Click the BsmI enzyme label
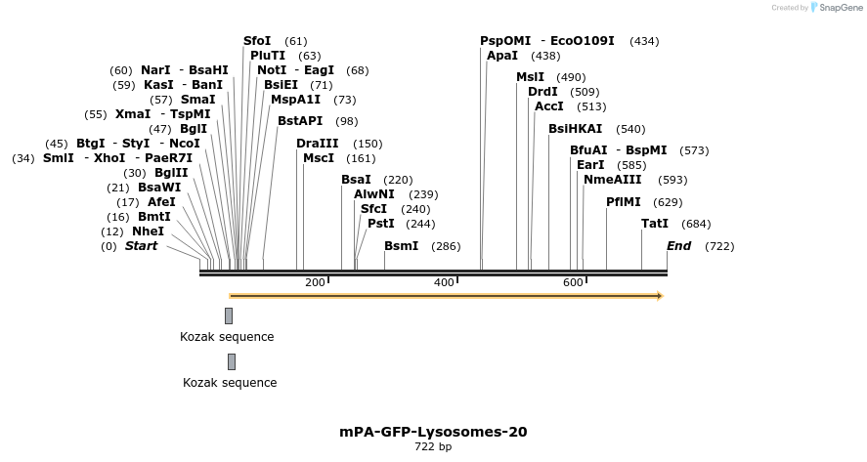coord(401,246)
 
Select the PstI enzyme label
coord(380,224)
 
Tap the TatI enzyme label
coord(654,224)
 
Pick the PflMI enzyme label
coord(623,202)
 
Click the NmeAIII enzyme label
coord(613,180)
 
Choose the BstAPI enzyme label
coord(299,121)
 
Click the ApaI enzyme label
coord(501,56)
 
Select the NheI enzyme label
coord(148,231)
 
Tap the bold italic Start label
coord(141,246)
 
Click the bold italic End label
coord(678,246)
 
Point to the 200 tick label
coord(315,283)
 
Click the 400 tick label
coord(444,283)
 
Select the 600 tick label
coord(573,283)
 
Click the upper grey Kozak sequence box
coord(229,315)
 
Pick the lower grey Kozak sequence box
coord(232,361)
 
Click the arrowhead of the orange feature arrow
coord(660,296)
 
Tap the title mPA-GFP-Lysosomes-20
coord(433,432)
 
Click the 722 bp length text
coord(433,447)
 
